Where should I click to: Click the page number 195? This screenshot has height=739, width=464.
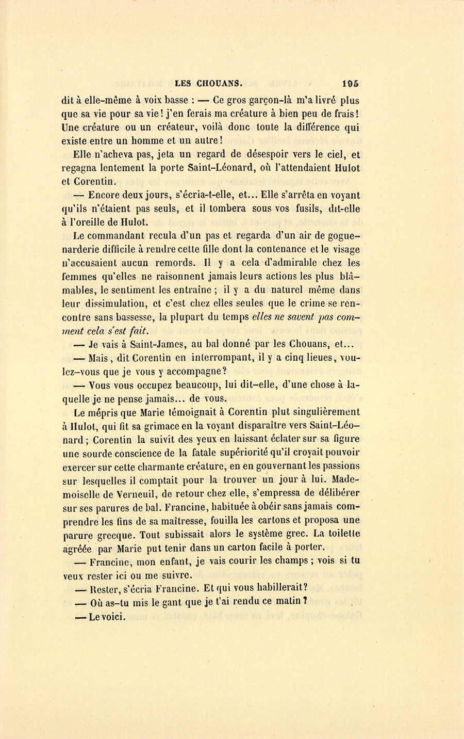coord(349,83)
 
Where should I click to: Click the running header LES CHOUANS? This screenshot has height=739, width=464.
coord(209,83)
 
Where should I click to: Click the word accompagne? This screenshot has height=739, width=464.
coord(187,371)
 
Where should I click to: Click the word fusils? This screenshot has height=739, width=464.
coord(296,209)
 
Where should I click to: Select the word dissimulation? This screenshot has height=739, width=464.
coord(120,304)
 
